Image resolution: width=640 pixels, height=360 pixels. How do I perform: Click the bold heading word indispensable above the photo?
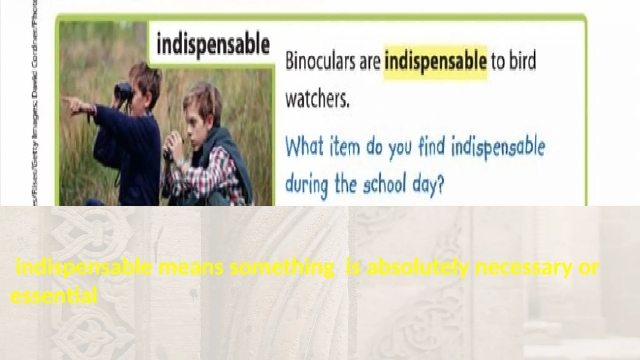point(213,45)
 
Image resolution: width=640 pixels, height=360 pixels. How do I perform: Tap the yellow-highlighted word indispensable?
point(435,62)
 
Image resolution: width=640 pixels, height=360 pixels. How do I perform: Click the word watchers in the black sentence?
point(317,100)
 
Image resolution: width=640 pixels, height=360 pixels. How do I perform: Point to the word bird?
point(522,61)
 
